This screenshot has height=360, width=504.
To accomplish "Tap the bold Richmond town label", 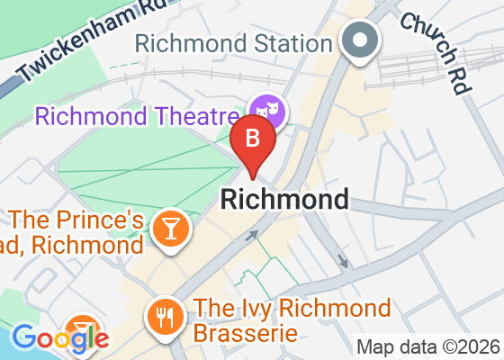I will (x=284, y=199).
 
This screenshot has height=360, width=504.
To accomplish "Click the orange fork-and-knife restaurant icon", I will (x=164, y=316).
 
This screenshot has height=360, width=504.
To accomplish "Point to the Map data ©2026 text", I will (x=427, y=346).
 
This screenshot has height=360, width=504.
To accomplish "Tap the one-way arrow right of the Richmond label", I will (x=342, y=261).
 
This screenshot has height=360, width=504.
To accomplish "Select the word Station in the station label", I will (x=290, y=42).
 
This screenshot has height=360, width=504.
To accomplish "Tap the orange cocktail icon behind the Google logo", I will (x=83, y=327).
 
